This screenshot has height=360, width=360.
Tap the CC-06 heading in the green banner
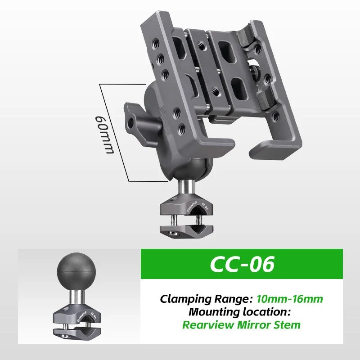(x=243, y=265)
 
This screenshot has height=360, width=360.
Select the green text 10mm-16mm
(x=289, y=298)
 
